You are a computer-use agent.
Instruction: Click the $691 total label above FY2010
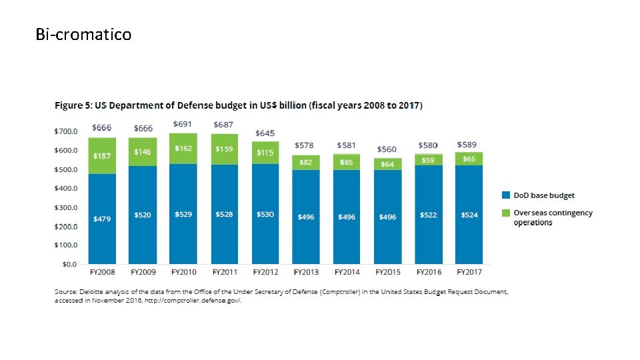tap(183, 124)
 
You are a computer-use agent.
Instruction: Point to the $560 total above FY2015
tap(387, 149)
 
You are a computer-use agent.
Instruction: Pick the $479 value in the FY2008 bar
tap(102, 218)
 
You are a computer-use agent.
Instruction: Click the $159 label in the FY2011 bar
tap(224, 149)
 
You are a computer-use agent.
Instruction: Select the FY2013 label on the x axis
tap(306, 272)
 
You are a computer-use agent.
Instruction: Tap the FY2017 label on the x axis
tap(469, 272)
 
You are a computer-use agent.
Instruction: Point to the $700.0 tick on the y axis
tap(65, 131)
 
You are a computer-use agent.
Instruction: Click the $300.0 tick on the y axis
tap(65, 207)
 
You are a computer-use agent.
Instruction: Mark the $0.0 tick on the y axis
tap(69, 264)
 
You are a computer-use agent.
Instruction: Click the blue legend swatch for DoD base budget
tap(506, 195)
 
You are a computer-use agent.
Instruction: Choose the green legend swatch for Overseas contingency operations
tap(506, 213)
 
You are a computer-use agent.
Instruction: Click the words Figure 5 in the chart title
tap(73, 105)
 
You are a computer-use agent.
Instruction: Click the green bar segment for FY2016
tap(428, 160)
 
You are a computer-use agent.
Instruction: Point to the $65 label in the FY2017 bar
tap(469, 159)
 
